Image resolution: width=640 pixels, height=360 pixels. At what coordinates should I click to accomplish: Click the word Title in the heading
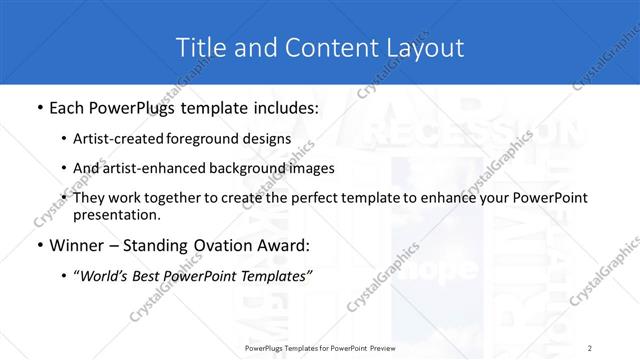[198, 47]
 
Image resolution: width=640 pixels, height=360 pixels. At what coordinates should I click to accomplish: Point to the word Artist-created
[114, 139]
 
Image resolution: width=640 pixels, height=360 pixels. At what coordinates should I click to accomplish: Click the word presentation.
[115, 214]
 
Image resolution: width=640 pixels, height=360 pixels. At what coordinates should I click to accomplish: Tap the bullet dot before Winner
[38, 244]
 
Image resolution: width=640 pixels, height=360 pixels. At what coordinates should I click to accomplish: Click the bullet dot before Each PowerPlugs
[38, 107]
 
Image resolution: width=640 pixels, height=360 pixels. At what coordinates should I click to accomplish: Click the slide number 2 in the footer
[590, 348]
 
